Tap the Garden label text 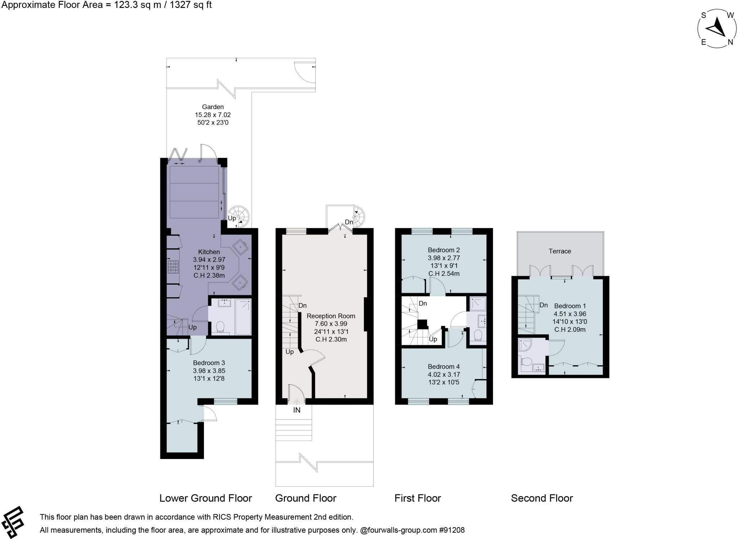click(213, 107)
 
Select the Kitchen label click(209, 252)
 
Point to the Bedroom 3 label click(209, 363)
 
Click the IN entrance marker click(297, 410)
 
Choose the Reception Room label click(331, 316)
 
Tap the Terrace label click(560, 251)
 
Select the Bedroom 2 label click(444, 250)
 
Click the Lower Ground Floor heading click(205, 498)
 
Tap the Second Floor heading click(542, 498)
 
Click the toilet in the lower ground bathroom click(219, 327)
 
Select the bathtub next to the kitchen click(243, 317)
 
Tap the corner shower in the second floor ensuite click(526, 345)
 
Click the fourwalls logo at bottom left click(13, 522)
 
